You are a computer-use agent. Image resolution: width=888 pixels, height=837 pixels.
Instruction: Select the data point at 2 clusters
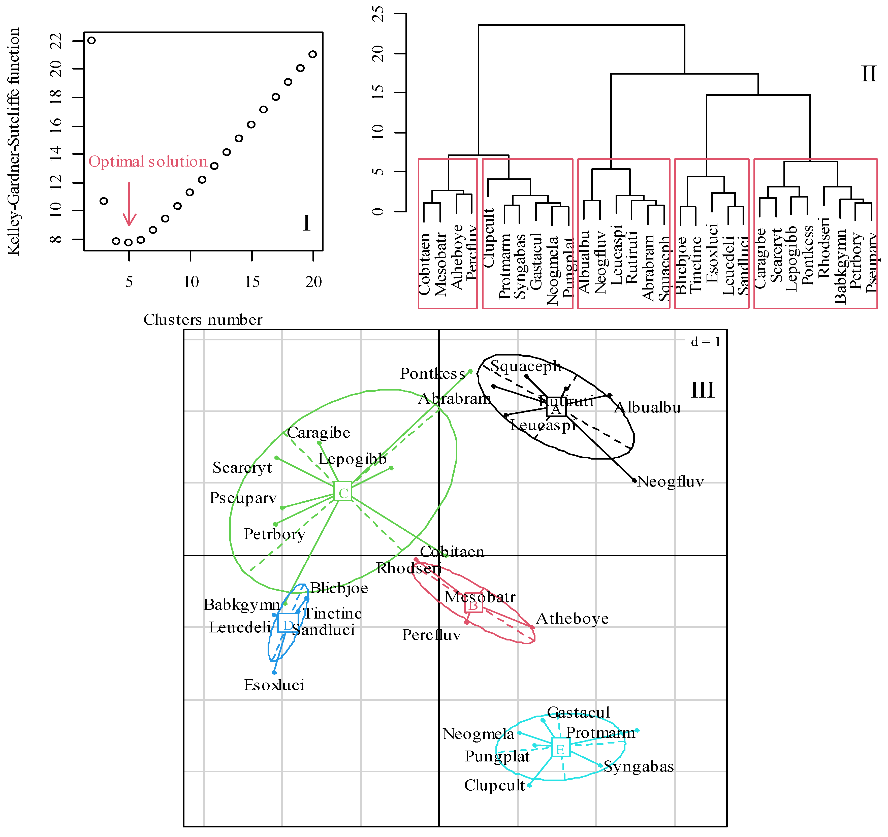click(x=91, y=41)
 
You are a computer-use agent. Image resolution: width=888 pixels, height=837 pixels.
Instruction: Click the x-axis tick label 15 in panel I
click(x=252, y=282)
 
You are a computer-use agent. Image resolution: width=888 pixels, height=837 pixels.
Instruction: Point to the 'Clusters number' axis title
click(x=203, y=320)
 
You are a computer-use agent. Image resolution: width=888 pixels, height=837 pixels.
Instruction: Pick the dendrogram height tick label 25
click(x=378, y=14)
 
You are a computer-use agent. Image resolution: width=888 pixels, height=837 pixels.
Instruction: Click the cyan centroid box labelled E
click(x=561, y=748)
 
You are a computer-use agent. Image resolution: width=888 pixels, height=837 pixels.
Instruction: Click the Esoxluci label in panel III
click(x=274, y=685)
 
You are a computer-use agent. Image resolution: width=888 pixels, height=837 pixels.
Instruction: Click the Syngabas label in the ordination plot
click(x=639, y=766)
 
